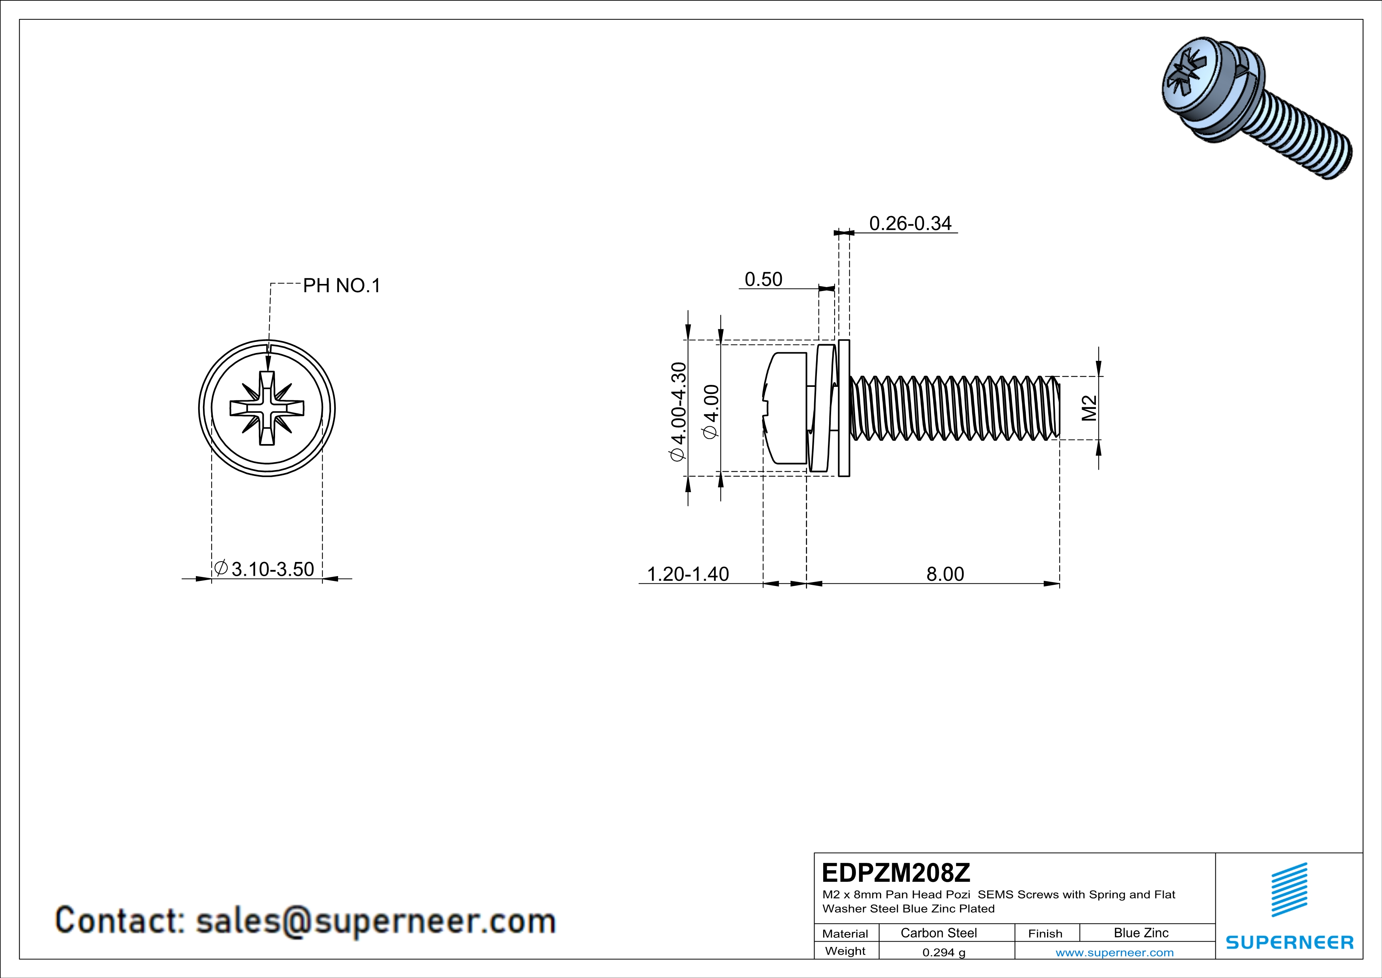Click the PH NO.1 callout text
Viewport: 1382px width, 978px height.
[x=341, y=286]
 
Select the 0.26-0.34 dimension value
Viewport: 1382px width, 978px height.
[x=910, y=224]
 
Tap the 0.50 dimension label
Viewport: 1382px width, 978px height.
[x=763, y=280]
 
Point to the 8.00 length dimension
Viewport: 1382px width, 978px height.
[x=945, y=574]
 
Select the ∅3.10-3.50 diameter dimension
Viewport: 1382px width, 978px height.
[x=265, y=569]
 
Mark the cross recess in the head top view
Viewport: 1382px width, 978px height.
[x=267, y=408]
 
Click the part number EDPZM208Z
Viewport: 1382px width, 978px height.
[x=896, y=873]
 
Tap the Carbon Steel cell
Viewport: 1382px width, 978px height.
[x=938, y=933]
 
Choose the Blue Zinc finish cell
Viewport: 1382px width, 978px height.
[x=1140, y=933]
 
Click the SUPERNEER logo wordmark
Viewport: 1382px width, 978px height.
[x=1289, y=943]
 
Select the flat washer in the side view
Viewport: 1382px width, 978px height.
[x=844, y=408]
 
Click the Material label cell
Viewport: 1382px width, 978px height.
[x=845, y=933]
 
